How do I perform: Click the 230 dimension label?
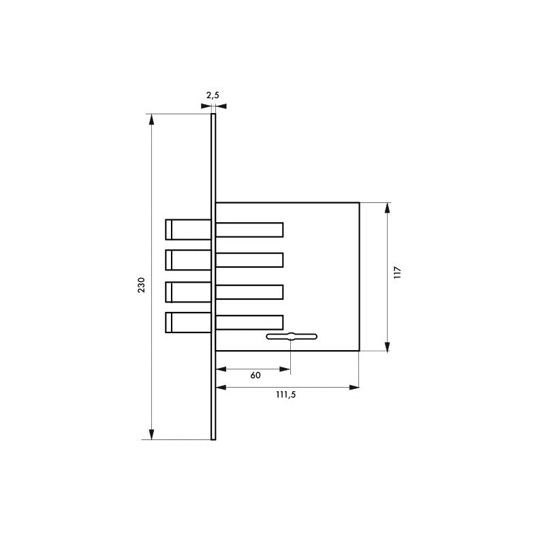142,285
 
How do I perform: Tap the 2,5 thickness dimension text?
213,95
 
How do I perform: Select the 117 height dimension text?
398,272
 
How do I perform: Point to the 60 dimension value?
255,375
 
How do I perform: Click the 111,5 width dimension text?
285,394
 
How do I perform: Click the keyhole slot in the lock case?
292,337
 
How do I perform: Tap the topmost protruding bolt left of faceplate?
188,230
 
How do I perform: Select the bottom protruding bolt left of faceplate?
188,322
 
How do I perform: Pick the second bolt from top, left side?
188,260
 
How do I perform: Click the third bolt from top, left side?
188,292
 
